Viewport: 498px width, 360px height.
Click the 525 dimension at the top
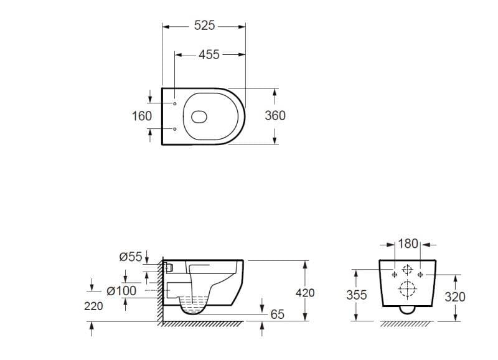pos(204,26)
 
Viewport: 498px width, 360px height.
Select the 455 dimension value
pos(209,55)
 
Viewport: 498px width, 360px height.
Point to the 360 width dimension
pos(275,116)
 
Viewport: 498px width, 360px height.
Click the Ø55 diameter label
pos(131,256)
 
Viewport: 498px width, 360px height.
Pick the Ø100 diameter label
pos(121,291)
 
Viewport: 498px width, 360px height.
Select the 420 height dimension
pos(304,293)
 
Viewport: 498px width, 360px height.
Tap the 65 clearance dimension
pos(277,315)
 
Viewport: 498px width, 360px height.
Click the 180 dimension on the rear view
pos(408,244)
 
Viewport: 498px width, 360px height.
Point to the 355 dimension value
pos(356,295)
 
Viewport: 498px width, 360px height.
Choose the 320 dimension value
pos(455,296)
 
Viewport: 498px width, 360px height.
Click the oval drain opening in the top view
pos(200,116)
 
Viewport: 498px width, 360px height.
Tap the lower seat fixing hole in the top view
pos(175,129)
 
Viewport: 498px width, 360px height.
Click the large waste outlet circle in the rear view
pos(407,290)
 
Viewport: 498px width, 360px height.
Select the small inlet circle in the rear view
pos(407,270)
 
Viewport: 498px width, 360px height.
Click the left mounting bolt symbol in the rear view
pos(394,274)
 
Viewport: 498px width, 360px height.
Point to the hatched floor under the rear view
pos(408,324)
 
